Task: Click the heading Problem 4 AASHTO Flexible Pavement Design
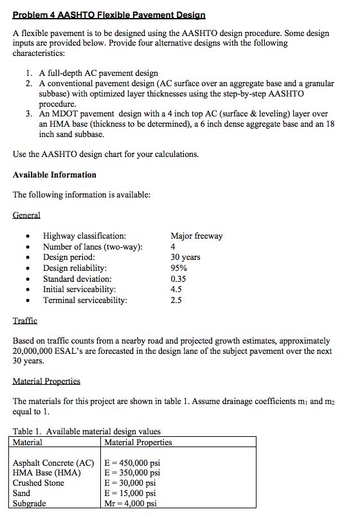[x=109, y=14]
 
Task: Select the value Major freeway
[x=197, y=235]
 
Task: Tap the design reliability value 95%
[x=179, y=268]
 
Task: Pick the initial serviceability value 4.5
[x=177, y=290]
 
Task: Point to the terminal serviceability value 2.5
[x=177, y=300]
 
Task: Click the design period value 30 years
[x=185, y=257]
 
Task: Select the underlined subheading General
[x=26, y=216]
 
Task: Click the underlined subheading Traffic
[x=25, y=320]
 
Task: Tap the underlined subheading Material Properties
[x=46, y=382]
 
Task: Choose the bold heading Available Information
[x=55, y=174]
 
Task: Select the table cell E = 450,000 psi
[x=132, y=463]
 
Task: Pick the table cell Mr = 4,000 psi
[x=130, y=504]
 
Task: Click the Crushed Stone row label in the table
[x=39, y=483]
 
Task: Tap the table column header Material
[x=28, y=442]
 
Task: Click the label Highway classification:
[x=84, y=235]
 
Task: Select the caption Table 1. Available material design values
[x=87, y=431]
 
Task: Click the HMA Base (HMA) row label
[x=48, y=473]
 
